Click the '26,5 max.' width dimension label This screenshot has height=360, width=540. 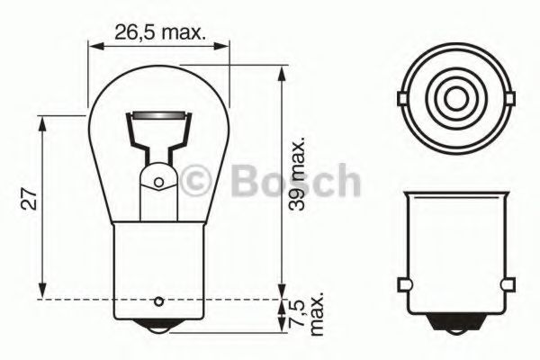pos(160,34)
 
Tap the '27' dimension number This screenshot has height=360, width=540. pos(29,201)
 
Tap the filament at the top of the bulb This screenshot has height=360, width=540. pos(158,116)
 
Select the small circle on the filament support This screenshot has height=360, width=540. pos(158,183)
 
